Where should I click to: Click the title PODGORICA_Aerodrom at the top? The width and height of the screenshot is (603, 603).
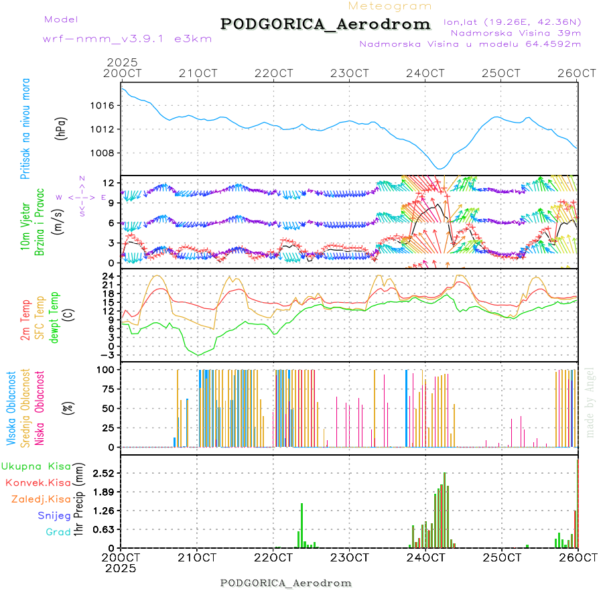coord(326,24)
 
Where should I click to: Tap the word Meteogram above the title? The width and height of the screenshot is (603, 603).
coord(390,6)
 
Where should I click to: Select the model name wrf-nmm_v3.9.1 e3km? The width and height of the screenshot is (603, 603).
coord(127,39)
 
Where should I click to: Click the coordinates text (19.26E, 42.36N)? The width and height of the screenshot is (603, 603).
coord(512,21)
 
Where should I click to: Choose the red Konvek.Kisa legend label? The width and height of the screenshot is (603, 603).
coord(38,482)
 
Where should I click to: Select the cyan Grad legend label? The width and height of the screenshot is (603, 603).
coord(58,532)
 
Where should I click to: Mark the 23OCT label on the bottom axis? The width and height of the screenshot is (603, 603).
coord(349,557)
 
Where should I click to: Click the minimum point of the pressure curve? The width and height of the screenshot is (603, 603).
coord(439,168)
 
